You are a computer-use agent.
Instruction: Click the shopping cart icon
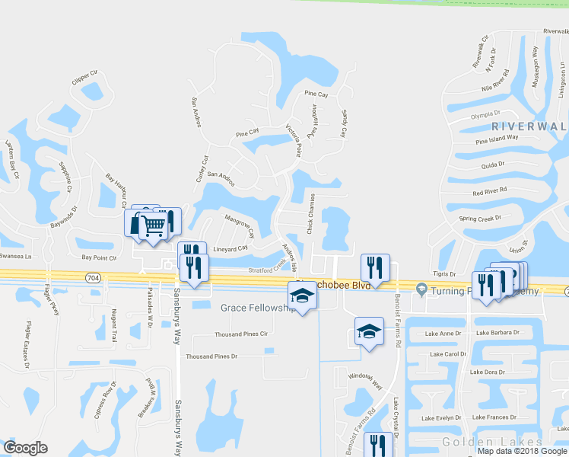[151, 225]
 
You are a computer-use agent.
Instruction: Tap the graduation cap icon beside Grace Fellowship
[302, 296]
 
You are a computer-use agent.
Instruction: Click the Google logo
[25, 448]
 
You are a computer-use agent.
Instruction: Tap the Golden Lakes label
[493, 443]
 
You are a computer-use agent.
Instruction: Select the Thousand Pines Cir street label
[242, 334]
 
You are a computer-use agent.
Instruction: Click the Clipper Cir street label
[84, 77]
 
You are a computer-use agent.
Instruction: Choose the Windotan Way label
[365, 385]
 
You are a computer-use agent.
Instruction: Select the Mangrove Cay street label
[239, 227]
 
